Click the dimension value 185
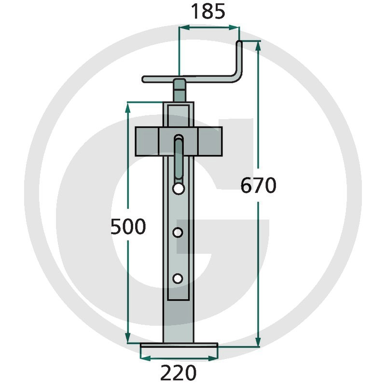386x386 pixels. (x=208, y=12)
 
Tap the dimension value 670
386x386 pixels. (x=258, y=185)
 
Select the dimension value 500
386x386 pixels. (x=128, y=226)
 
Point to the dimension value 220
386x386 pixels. (x=178, y=372)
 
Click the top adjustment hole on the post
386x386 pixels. (x=179, y=189)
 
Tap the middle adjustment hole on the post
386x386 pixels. (x=178, y=233)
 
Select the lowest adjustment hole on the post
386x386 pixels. (x=178, y=278)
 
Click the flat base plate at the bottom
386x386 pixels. (x=179, y=345)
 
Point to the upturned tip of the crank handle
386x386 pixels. (x=239, y=43)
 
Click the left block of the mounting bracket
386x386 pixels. (x=147, y=141)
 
